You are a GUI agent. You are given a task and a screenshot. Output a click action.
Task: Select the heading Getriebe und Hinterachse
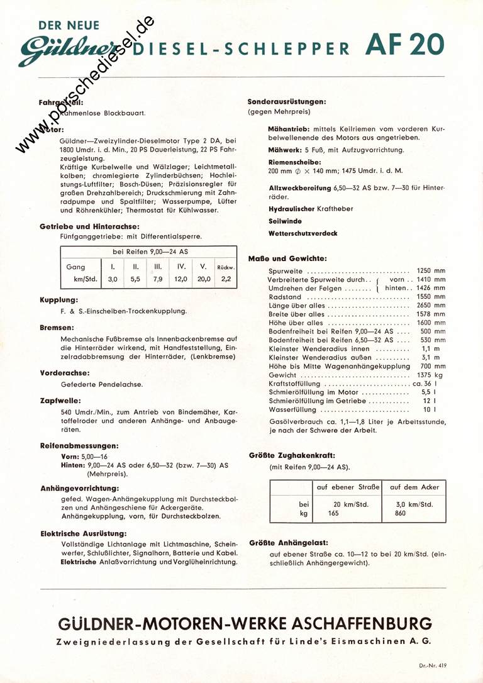pos(89,226)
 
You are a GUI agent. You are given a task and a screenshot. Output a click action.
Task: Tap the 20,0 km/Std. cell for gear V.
pos(203,279)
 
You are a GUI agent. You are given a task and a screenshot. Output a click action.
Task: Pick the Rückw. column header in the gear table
pos(225,267)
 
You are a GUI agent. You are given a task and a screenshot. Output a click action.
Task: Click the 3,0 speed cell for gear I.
pos(113,279)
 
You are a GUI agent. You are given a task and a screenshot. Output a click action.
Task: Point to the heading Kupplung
pos(58,300)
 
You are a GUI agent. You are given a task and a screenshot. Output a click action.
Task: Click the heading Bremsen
pos(57,328)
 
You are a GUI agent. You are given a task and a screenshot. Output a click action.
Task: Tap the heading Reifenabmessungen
pos(79,445)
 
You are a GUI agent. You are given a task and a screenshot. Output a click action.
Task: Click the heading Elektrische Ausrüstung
pos(81,533)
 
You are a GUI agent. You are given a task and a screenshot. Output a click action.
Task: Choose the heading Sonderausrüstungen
pos(286,101)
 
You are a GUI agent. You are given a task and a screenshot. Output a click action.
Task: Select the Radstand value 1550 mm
pos(431,297)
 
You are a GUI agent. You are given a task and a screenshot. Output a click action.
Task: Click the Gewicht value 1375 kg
pos(431,374)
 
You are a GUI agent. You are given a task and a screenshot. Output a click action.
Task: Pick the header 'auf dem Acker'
pos(414,487)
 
